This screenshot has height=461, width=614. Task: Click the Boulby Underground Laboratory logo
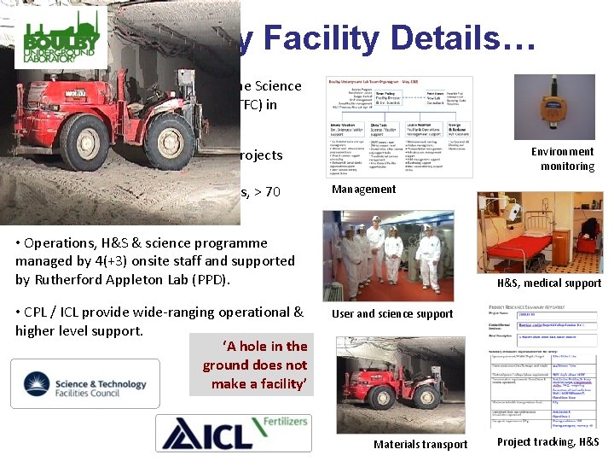(54, 38)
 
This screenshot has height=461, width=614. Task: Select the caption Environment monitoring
(562, 159)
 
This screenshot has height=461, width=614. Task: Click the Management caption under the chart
(363, 190)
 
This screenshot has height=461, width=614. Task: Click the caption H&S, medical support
(549, 283)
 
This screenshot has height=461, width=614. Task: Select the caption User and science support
(392, 314)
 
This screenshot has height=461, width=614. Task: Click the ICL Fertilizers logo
(230, 432)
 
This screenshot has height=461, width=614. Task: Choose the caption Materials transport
(420, 444)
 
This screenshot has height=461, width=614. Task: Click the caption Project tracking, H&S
(547, 441)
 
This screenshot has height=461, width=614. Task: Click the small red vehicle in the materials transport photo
(389, 393)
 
